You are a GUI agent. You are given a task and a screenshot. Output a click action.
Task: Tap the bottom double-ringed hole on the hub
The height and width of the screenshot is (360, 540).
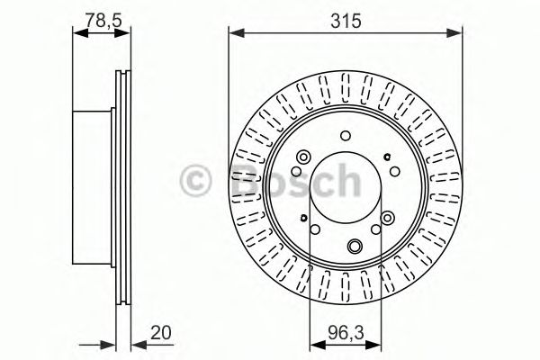click(x=355, y=246)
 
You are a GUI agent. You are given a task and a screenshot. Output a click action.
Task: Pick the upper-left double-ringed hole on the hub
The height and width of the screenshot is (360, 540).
click(x=302, y=159)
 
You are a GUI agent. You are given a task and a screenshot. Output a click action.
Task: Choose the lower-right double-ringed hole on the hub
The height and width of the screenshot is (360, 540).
click(x=388, y=219)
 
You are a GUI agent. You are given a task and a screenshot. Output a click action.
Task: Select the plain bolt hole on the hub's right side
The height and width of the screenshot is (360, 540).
click(x=396, y=172)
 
